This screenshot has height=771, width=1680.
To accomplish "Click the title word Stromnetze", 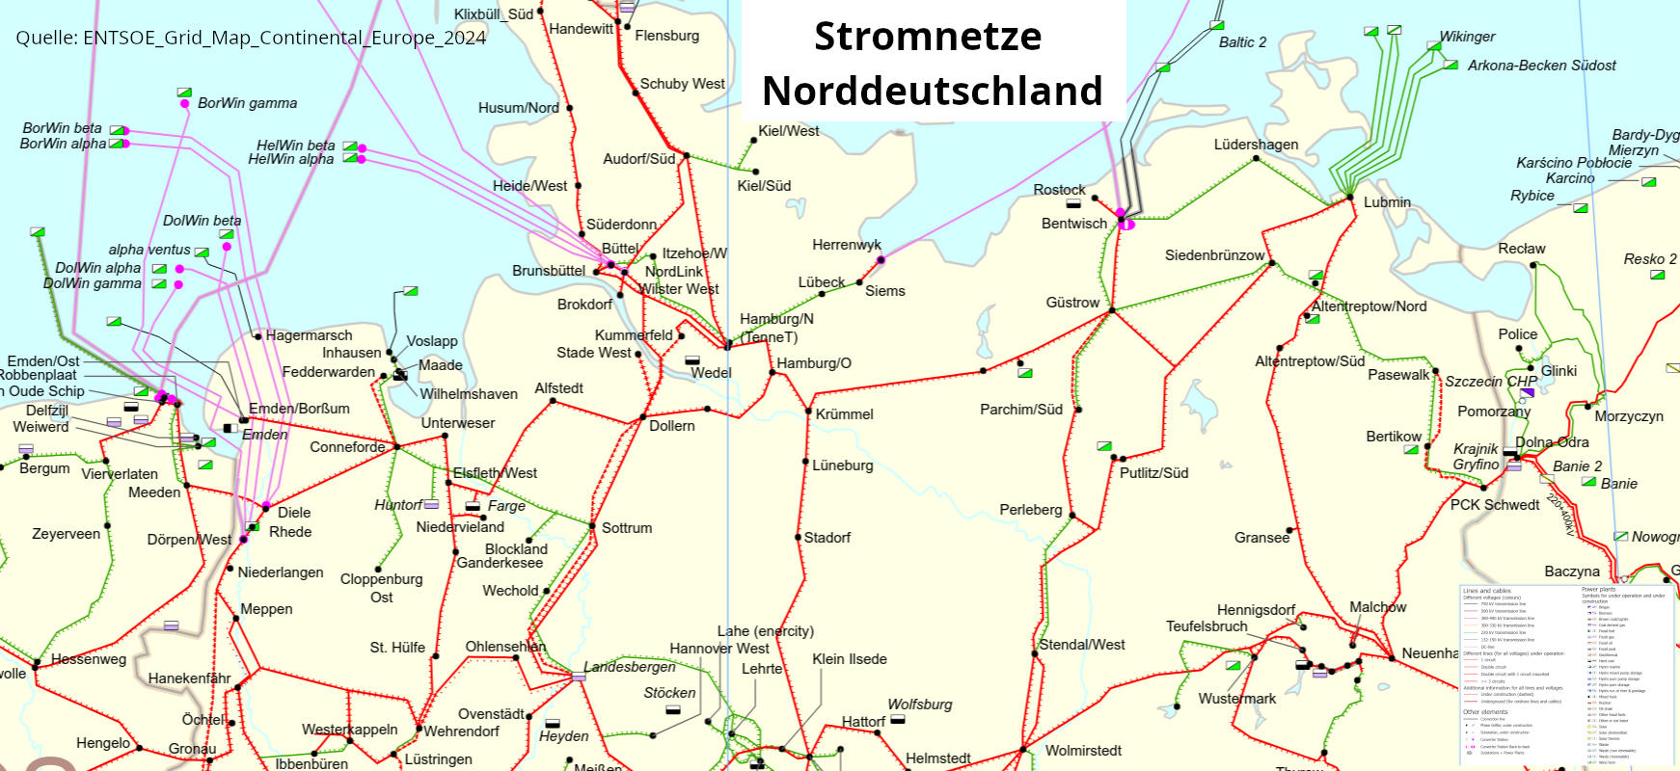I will click(928, 37).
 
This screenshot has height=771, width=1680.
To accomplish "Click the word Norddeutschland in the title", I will click(932, 91).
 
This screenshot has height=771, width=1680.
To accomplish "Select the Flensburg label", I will click(666, 36).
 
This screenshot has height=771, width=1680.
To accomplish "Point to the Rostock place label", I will click(1059, 190).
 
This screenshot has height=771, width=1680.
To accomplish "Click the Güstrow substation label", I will click(1072, 303).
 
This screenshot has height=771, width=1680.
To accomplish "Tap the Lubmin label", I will click(1387, 202).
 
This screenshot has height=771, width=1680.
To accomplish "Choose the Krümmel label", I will click(844, 414).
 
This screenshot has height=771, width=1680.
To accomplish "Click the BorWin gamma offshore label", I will click(247, 103).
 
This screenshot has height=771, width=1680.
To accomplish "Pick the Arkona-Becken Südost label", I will click(1541, 66).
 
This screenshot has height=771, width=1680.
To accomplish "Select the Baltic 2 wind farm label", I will click(1242, 42).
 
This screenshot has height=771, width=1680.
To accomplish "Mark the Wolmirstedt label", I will click(1083, 751).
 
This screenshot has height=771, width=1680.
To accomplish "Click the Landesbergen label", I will click(629, 667).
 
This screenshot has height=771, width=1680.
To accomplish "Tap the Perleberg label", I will click(1030, 510).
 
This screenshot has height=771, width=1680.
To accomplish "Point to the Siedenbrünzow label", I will click(1214, 255).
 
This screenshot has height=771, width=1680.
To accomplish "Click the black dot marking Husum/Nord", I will click(569, 108).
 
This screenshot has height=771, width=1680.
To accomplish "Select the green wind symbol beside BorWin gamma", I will click(184, 93).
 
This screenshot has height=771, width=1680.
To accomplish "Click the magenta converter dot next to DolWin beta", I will click(227, 247).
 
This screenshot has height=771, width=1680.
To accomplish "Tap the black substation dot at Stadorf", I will click(798, 538).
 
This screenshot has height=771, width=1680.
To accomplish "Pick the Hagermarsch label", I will click(309, 335).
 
